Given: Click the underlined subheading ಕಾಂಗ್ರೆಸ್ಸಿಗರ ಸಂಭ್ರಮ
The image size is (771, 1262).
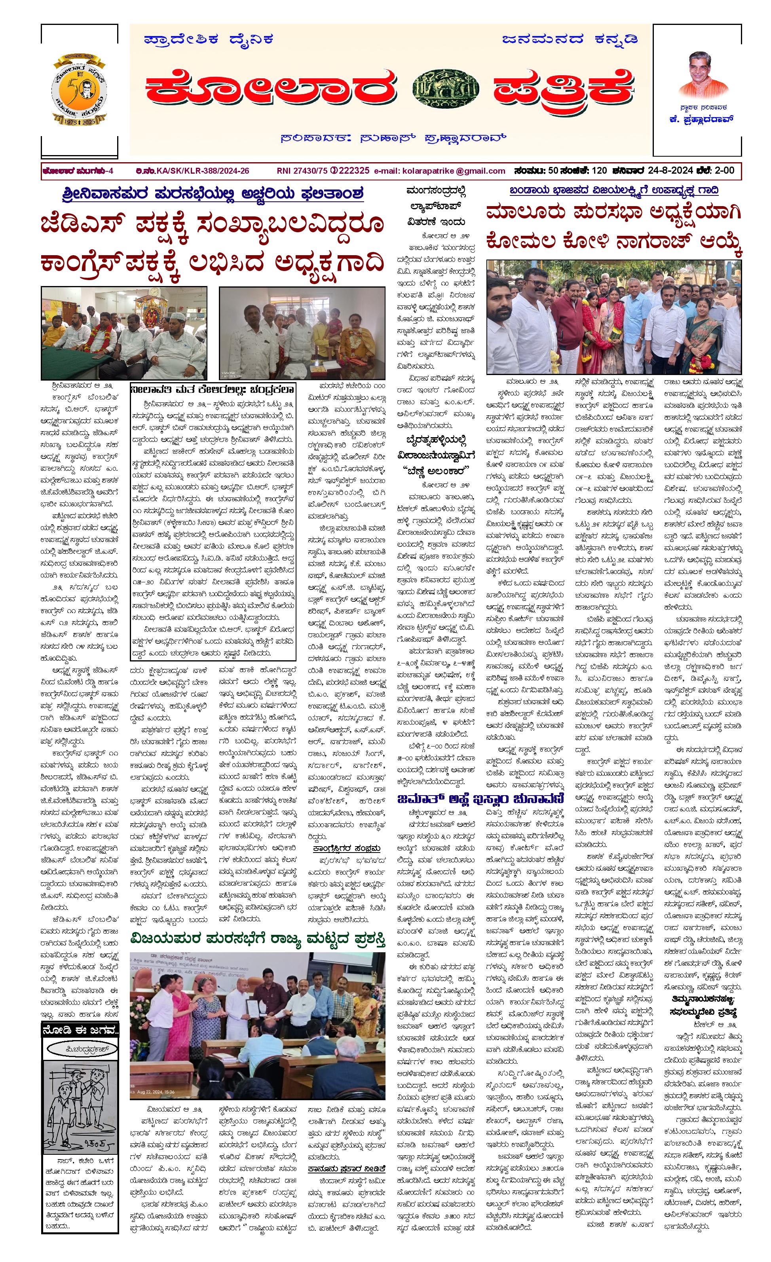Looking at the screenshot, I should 347,848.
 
